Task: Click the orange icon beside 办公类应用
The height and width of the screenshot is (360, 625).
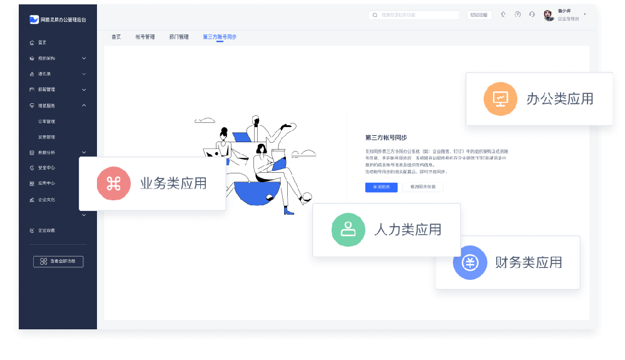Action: [500, 99]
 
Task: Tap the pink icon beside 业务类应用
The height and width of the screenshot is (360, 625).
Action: [113, 183]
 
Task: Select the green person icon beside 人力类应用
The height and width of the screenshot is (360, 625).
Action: [348, 230]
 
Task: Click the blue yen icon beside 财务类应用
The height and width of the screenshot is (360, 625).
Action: [470, 263]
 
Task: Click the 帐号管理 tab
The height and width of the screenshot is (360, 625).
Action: [145, 37]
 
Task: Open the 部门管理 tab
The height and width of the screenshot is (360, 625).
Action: [179, 37]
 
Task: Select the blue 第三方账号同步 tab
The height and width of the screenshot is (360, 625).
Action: [219, 37]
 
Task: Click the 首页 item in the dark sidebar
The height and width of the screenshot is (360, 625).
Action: [43, 43]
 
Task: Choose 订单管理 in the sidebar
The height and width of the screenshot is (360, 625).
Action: [47, 121]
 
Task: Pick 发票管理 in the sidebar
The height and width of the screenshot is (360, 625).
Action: [47, 136]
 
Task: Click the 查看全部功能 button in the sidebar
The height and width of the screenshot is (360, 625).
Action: [58, 262]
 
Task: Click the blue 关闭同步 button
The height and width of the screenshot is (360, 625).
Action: [381, 187]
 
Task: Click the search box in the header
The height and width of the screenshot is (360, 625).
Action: [414, 14]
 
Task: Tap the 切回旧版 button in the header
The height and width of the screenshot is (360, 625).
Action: [479, 14]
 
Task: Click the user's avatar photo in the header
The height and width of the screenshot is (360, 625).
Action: [549, 15]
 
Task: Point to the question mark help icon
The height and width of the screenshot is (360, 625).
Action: [518, 14]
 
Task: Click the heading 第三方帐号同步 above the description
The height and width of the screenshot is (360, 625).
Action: [386, 137]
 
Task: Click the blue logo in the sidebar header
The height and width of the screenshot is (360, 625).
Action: [34, 19]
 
